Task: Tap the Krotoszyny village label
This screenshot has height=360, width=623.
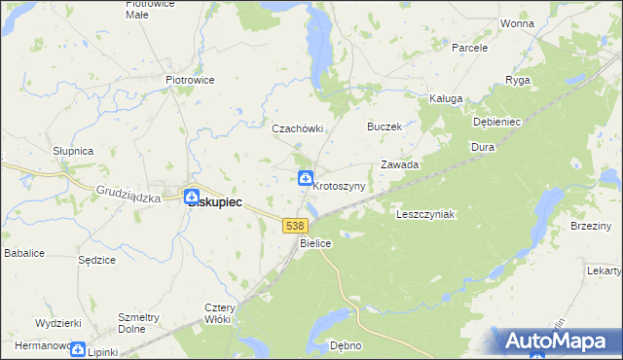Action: pyautogui.click(x=339, y=186)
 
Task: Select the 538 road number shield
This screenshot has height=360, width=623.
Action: pyautogui.click(x=296, y=225)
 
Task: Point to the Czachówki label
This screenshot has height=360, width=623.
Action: pyautogui.click(x=297, y=128)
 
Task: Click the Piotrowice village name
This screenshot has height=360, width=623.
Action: pyautogui.click(x=190, y=80)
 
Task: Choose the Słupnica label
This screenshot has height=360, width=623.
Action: pyautogui.click(x=72, y=152)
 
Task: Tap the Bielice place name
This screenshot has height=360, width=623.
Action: pyautogui.click(x=316, y=243)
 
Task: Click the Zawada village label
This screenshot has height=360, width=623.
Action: pyautogui.click(x=399, y=165)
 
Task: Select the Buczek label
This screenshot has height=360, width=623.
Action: pyautogui.click(x=384, y=126)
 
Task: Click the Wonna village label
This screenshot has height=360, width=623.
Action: pyautogui.click(x=517, y=22)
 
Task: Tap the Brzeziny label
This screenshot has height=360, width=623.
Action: pyautogui.click(x=592, y=227)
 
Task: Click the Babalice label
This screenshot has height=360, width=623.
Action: pyautogui.click(x=23, y=253)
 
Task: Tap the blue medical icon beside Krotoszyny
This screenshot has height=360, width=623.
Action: pyautogui.click(x=306, y=177)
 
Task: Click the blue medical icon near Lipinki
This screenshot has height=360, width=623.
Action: pyautogui.click(x=79, y=350)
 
